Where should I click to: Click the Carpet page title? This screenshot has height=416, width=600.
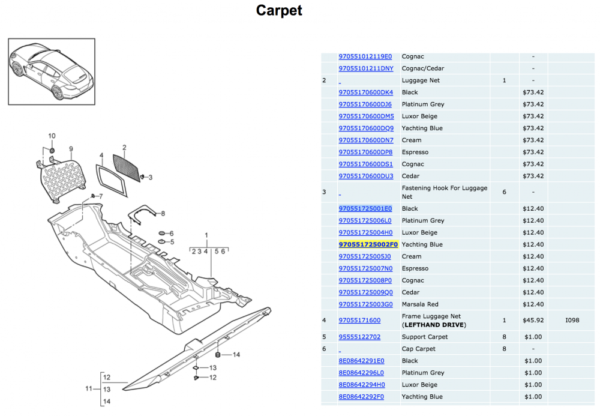pyautogui.click(x=279, y=10)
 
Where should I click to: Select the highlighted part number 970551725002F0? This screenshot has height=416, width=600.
pyautogui.click(x=368, y=244)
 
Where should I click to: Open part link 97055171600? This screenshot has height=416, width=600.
pyautogui.click(x=359, y=321)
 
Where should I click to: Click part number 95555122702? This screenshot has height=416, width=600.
pyautogui.click(x=359, y=337)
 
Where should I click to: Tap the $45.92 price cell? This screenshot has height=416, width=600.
pyautogui.click(x=532, y=321)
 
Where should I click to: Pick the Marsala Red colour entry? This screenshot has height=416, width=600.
pyautogui.click(x=420, y=304)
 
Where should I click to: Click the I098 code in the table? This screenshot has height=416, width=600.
pyautogui.click(x=572, y=321)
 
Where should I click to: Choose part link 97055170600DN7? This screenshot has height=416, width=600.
pyautogui.click(x=366, y=140)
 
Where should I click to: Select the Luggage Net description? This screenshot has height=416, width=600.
pyautogui.click(x=421, y=80)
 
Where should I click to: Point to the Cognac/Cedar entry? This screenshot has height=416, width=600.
pyautogui.click(x=423, y=68)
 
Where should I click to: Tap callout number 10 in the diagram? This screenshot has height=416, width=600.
pyautogui.click(x=52, y=136)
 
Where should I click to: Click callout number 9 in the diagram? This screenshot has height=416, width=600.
pyautogui.click(x=70, y=149)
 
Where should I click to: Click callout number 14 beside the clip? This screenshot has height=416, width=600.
pyautogui.click(x=236, y=355)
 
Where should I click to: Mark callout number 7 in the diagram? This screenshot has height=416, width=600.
pyautogui.click(x=100, y=196)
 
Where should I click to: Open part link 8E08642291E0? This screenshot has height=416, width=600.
pyautogui.click(x=361, y=361)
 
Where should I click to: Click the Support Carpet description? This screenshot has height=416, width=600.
pyautogui.click(x=425, y=337)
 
